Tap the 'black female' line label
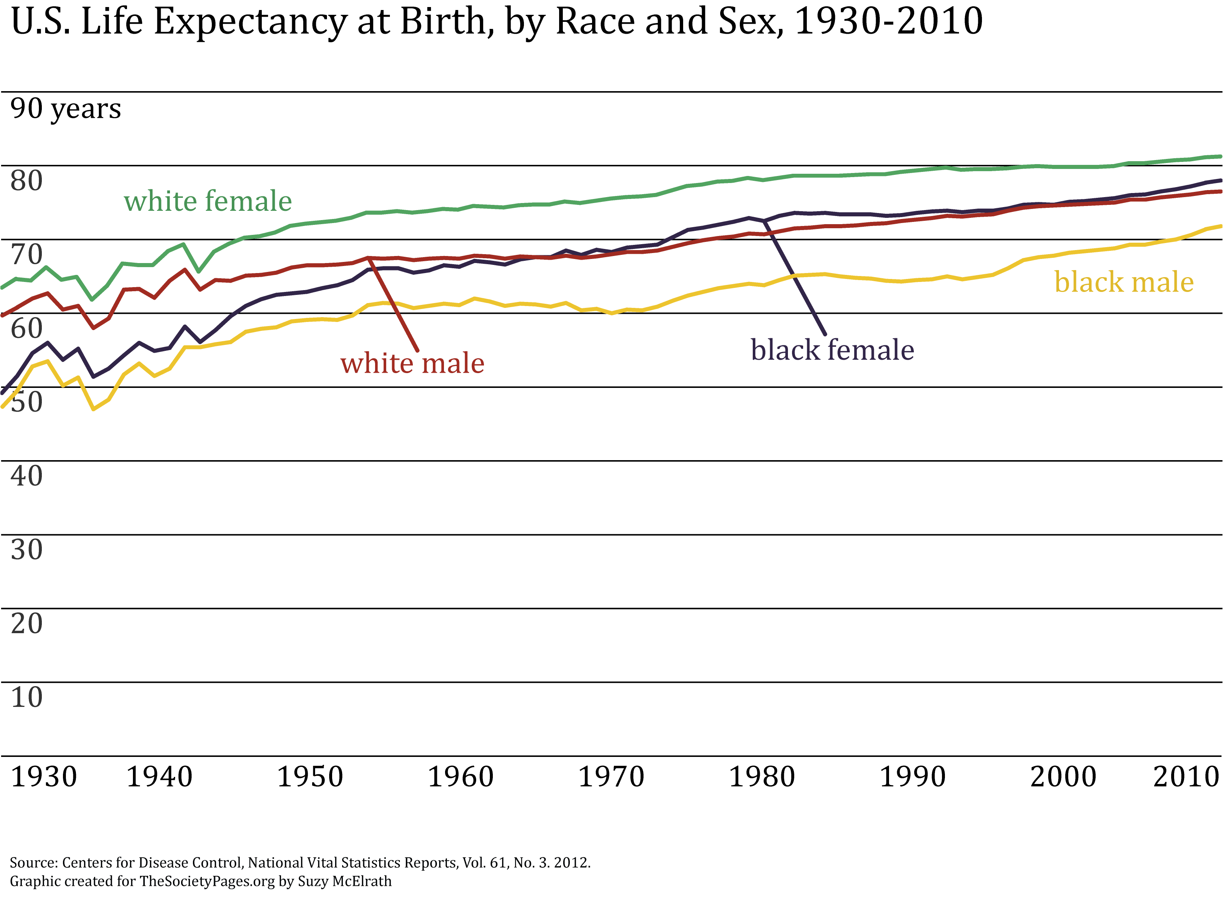pyautogui.click(x=832, y=350)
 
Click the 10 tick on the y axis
pyautogui.click(x=27, y=697)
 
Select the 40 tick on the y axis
pyautogui.click(x=27, y=476)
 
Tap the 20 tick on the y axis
pyautogui.click(x=27, y=624)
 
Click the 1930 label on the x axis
pyautogui.click(x=44, y=777)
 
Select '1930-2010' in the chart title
pyautogui.click(x=889, y=22)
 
